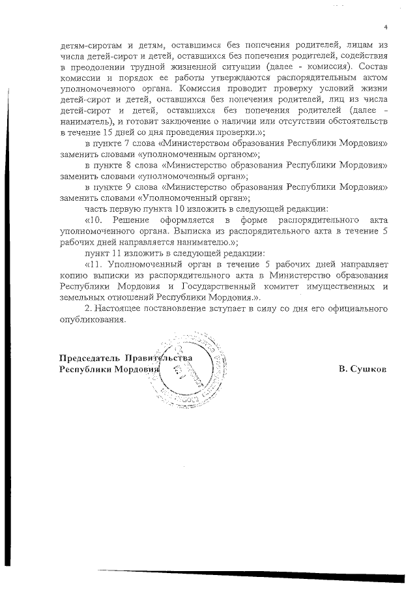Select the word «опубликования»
point(90,319)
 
